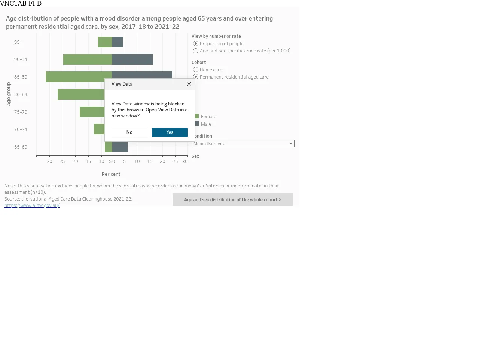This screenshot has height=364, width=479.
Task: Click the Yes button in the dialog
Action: pos(170,132)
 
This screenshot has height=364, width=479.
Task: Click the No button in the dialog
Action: pos(129,132)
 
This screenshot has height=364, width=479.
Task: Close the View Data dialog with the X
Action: pos(189,84)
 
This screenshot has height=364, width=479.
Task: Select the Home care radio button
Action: pos(195,70)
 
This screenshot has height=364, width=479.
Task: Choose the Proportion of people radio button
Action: pos(195,44)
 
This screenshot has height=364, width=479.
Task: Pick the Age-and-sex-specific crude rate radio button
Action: pos(195,51)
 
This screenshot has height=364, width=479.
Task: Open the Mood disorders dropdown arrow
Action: pos(291,144)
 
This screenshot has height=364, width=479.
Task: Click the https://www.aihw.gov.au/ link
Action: pos(32,205)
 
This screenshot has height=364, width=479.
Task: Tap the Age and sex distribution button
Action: pos(233,199)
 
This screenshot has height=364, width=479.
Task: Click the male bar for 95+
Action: pos(118,42)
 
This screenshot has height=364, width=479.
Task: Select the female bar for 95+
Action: pos(105,42)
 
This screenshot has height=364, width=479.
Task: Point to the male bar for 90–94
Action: pos(132,59)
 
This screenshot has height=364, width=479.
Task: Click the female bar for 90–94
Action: pos(88,59)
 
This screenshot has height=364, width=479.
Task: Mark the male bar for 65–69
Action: pos(120,147)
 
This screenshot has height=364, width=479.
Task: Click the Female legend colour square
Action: pos(196,116)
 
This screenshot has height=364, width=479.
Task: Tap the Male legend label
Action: pos(206,124)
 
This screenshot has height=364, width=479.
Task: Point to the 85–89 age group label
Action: pos(21,77)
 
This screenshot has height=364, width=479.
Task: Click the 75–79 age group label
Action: pos(21,112)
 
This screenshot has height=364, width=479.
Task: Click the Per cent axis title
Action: pos(111,174)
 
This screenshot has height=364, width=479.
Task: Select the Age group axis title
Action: pos(9,94)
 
